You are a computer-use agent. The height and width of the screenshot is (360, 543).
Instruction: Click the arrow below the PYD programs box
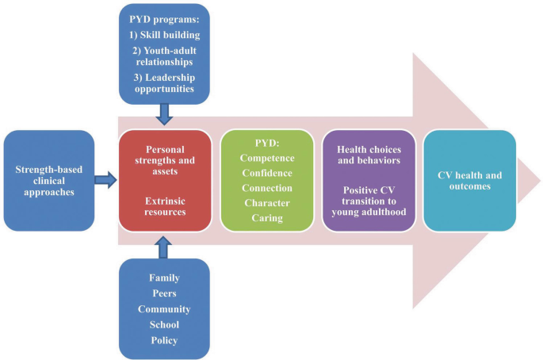pos(165,115)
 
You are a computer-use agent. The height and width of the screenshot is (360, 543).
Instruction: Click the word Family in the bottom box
pos(164,278)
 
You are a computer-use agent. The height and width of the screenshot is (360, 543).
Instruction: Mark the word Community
pos(164,308)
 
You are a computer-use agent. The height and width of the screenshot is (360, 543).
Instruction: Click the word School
pos(164,324)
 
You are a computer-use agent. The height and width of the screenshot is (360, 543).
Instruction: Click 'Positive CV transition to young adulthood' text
pos(368,202)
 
